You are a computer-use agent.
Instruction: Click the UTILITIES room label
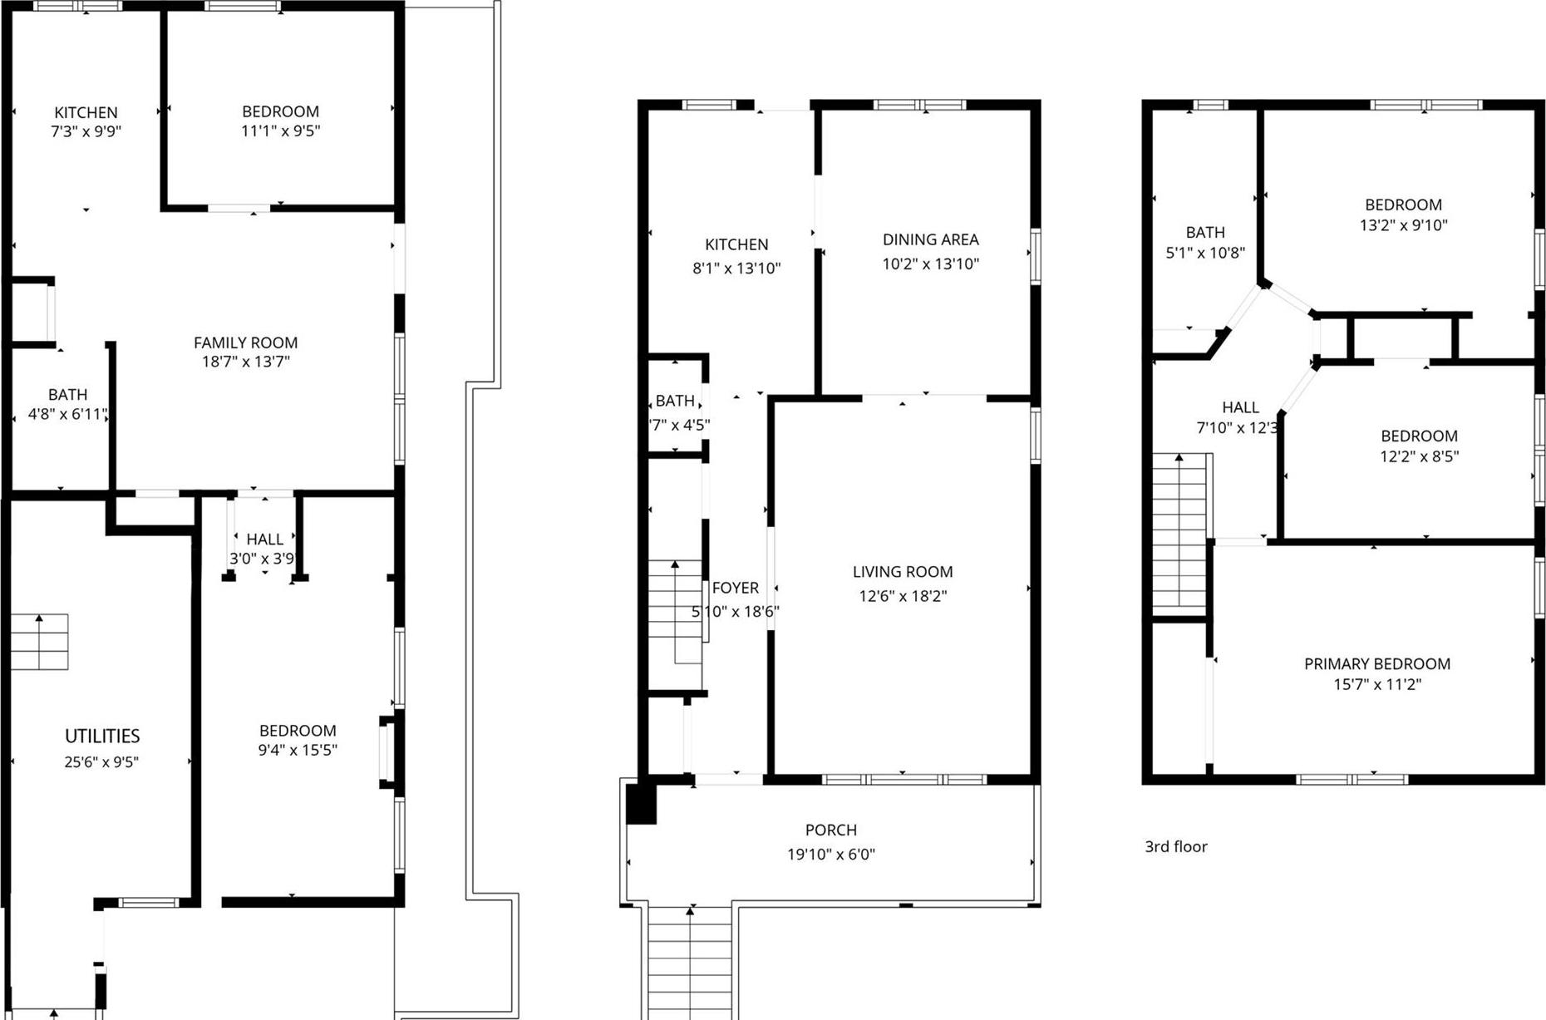coord(102,736)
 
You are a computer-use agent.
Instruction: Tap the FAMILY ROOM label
coord(245,342)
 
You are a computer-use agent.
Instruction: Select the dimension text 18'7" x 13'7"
coord(245,362)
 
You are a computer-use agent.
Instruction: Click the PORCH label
coord(830,830)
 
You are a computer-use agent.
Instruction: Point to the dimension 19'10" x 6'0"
coord(830,854)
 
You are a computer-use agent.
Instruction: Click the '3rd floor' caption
coord(1175,846)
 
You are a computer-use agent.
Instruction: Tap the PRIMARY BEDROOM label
coord(1376,663)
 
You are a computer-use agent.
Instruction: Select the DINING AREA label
coord(930,239)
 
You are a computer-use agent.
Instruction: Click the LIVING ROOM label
coord(902,572)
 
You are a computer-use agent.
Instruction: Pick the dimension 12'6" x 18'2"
coord(902,596)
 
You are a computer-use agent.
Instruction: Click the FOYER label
coord(735,588)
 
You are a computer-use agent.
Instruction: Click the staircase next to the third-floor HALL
coord(1179,532)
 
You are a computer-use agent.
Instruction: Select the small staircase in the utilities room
coord(39,642)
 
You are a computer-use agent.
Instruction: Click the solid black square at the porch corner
coord(640,804)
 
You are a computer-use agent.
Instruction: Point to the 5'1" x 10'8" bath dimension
coord(1204,253)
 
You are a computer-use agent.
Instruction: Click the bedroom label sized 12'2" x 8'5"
coord(1418,436)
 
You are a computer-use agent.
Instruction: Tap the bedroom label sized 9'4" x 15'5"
coord(297,731)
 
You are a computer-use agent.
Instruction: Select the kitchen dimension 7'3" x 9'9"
coord(86,131)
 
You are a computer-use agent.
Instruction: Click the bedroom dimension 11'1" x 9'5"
coord(280,131)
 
